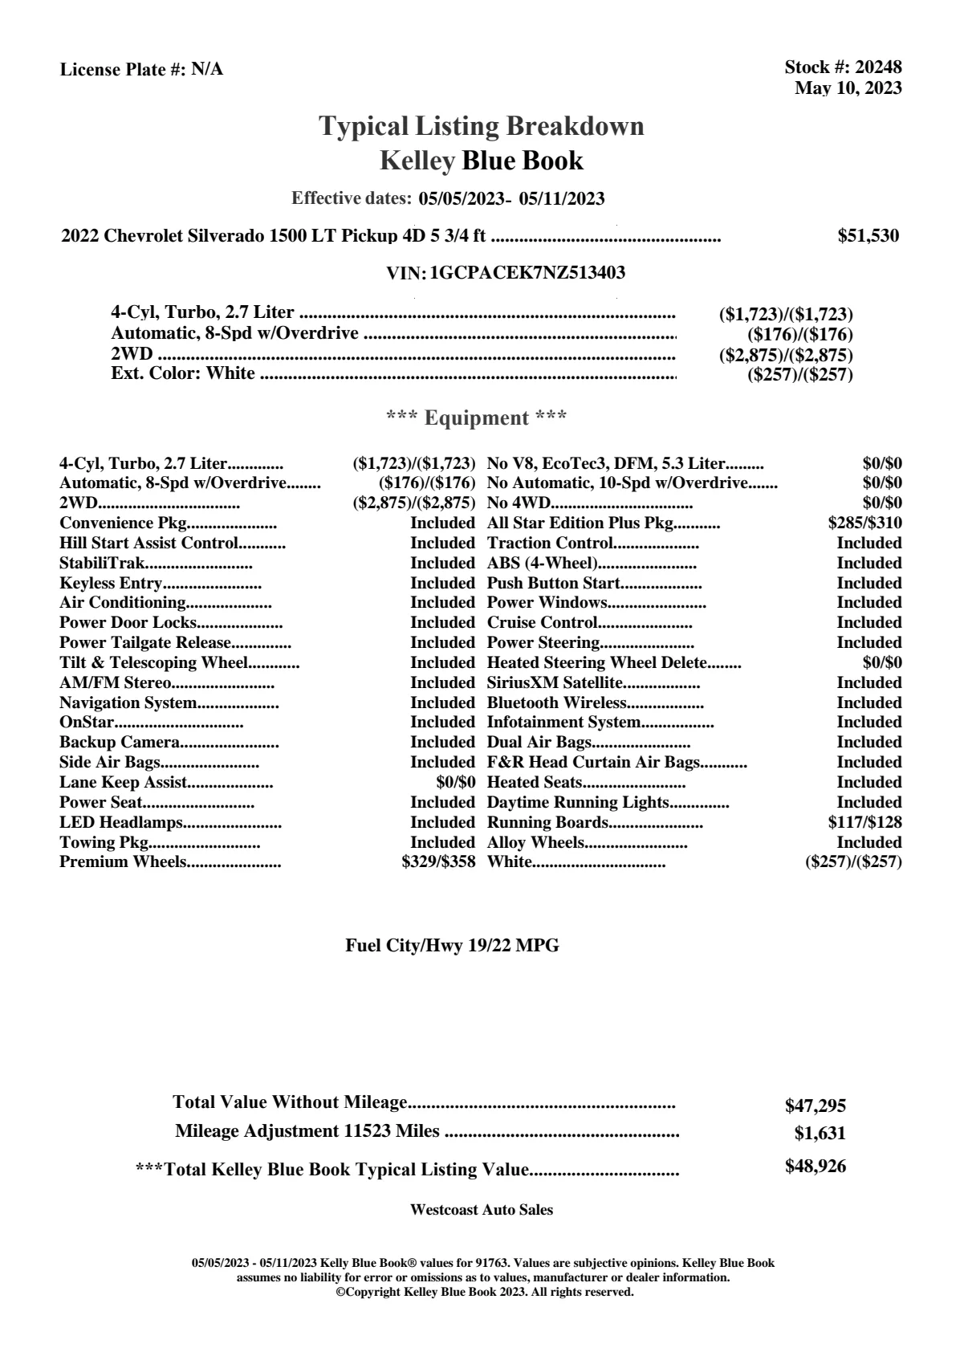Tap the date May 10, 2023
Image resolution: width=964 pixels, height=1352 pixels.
coord(848,88)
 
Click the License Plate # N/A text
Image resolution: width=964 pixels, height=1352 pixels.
coord(141,70)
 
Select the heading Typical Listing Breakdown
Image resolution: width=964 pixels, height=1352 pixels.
coord(482,126)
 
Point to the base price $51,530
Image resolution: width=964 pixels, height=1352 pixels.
coord(868,236)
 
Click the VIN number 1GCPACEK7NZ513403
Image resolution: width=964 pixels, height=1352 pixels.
coord(527,273)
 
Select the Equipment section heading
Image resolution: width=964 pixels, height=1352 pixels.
coord(477,418)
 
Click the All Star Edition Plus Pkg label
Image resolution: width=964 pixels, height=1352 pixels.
coord(580,523)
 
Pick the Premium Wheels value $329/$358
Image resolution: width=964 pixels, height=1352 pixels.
coord(438,862)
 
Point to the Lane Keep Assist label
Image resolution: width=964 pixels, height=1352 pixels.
coord(123,782)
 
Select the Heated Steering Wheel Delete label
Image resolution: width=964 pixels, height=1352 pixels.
coord(596,663)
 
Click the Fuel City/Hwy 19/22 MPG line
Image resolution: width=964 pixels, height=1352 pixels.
coord(452,946)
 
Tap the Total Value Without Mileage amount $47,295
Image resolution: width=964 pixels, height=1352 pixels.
coord(815,1106)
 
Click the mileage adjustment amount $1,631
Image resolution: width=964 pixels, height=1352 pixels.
coord(820,1134)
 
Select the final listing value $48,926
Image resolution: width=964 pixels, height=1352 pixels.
coord(815,1167)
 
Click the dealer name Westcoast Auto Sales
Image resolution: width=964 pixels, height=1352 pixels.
coord(481,1210)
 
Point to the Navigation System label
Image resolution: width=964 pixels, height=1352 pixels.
coord(128,702)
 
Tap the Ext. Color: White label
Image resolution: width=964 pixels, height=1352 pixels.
coord(183,373)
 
